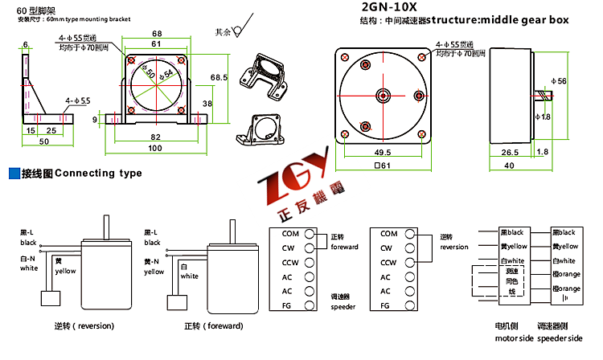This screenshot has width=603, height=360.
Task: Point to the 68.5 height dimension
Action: [218, 77]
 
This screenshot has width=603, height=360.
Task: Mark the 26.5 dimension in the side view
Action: [510, 151]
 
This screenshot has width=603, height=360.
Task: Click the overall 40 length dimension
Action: [510, 166]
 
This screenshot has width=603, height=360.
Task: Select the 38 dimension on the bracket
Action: [207, 104]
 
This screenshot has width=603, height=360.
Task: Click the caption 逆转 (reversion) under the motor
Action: [84, 326]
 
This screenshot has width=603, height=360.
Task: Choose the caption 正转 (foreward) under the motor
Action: [212, 326]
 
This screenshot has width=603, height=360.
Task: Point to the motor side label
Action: [507, 337]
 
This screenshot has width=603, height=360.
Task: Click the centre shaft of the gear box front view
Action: [380, 96]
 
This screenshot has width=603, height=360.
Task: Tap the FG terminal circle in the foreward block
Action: [311, 305]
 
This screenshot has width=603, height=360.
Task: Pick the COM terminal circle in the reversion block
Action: [411, 233]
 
